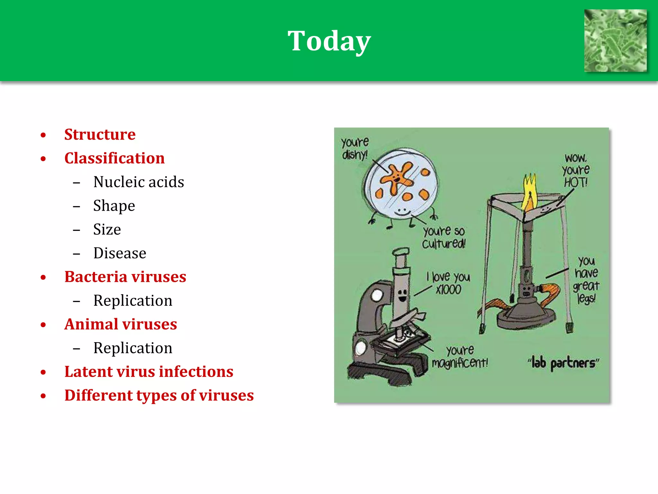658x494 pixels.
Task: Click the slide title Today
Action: [329, 41]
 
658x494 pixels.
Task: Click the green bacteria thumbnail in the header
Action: [615, 41]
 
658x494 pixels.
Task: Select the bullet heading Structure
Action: [100, 134]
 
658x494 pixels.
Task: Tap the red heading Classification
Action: [114, 158]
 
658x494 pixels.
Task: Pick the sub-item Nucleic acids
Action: [138, 182]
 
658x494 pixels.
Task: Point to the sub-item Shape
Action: [114, 206]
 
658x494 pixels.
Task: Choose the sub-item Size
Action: [107, 230]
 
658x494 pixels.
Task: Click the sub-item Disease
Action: [120, 253]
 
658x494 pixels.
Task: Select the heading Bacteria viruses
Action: [125, 277]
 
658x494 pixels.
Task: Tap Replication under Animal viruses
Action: [133, 348]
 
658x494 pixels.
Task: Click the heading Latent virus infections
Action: [149, 372]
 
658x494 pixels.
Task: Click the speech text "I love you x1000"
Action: [449, 283]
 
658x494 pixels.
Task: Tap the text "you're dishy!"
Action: [355, 148]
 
